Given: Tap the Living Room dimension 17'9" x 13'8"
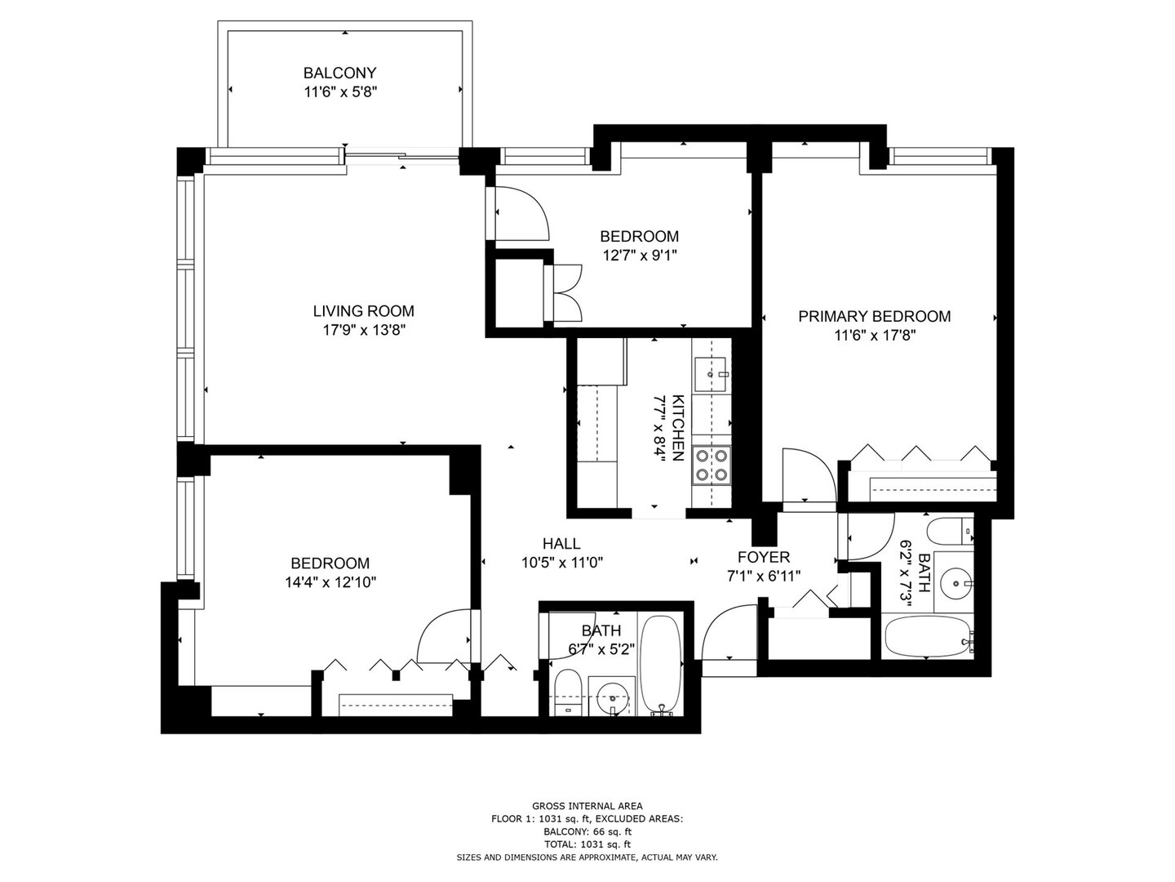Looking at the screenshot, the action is point(363,331).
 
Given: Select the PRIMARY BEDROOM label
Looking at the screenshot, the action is point(874,317).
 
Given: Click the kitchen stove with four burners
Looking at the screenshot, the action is point(711,465).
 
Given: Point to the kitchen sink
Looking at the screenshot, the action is point(710,374).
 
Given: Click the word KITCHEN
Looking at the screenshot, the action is point(677,428).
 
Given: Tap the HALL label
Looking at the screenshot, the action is point(561,544).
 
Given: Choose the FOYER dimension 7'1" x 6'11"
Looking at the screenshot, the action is point(764,577).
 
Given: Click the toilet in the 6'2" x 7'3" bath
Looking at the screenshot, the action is point(950,530).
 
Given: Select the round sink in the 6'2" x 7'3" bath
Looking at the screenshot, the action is point(955,581).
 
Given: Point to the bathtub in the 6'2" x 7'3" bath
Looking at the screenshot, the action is point(929,638).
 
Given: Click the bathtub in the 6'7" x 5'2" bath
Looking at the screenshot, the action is point(661,665).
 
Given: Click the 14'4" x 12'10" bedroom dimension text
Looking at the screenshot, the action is point(330,582).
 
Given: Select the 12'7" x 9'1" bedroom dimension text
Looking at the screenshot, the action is point(640,256).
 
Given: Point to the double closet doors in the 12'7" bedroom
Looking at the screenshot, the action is point(565,293).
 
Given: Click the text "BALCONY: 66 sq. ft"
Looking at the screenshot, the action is point(587,831).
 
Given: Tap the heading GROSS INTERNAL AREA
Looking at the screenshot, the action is point(587,806).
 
